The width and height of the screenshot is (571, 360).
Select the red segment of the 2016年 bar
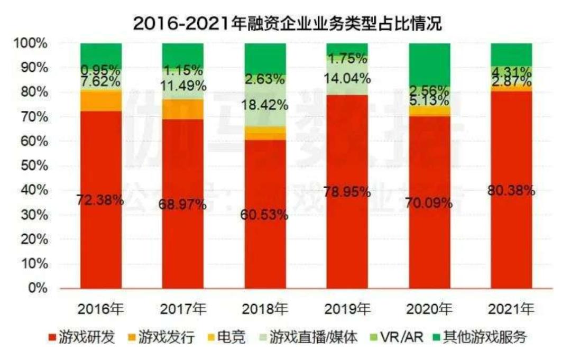[101, 238]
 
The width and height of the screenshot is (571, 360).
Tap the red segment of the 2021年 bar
[511, 238]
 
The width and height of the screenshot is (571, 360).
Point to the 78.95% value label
[347, 191]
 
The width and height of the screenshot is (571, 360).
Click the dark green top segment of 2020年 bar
[429, 63]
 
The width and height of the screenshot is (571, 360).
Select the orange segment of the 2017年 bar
[183, 109]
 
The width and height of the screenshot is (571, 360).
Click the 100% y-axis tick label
[31, 43]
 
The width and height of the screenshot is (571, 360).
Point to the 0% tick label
[37, 289]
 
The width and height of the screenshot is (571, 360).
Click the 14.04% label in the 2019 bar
[347, 79]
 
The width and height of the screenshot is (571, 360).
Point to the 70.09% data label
[429, 202]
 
